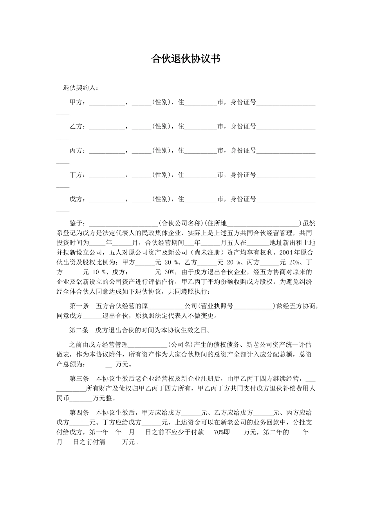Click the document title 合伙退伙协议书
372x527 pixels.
tap(186, 59)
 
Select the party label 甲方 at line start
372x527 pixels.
tap(76, 102)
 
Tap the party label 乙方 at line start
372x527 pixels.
tap(76, 127)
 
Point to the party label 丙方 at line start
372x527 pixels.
tap(76, 151)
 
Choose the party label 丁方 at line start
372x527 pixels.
tap(76, 175)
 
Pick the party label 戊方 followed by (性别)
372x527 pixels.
tap(76, 200)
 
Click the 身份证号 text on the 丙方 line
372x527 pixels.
tap(243, 151)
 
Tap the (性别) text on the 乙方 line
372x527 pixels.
tap(161, 127)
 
